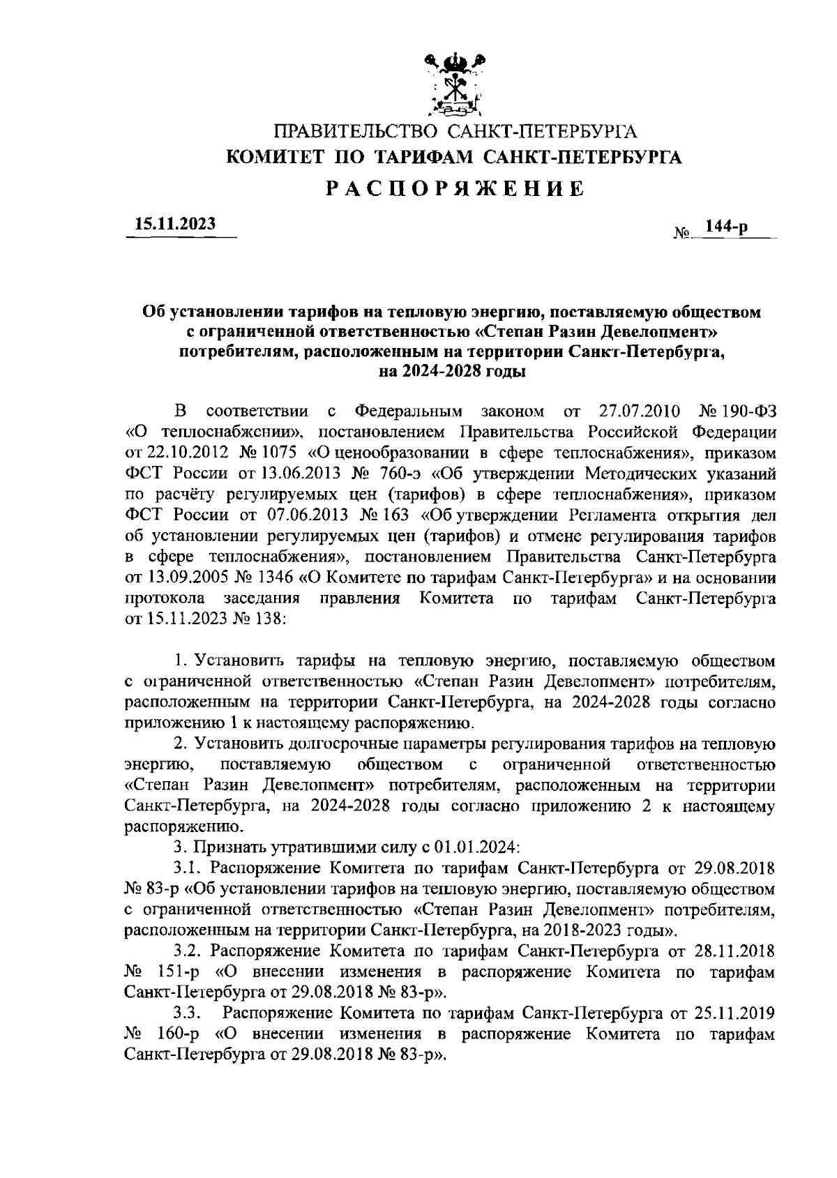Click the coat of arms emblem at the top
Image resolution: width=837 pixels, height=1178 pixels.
pos(455,85)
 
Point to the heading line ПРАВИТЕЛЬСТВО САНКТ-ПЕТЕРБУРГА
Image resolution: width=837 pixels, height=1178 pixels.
pos(455,132)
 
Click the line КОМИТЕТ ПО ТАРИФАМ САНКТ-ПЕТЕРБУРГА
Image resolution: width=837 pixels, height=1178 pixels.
pos(455,158)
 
